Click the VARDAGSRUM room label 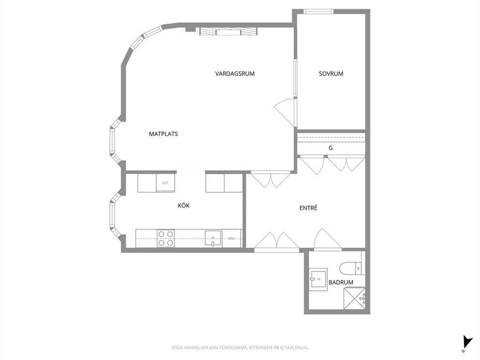tap(235, 74)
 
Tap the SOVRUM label tap(331, 74)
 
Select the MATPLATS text tap(163, 134)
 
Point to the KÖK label tap(184, 205)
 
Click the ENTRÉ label tap(308, 208)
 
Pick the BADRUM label tap(341, 282)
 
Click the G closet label tap(330, 148)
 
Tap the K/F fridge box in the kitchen tap(165, 183)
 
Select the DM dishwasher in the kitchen tap(232, 238)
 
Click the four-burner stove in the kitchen tap(165, 238)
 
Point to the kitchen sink tap(213, 239)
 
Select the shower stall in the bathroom tap(355, 298)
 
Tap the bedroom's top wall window tap(318, 12)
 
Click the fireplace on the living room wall tap(228, 31)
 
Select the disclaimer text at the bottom tap(240, 347)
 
